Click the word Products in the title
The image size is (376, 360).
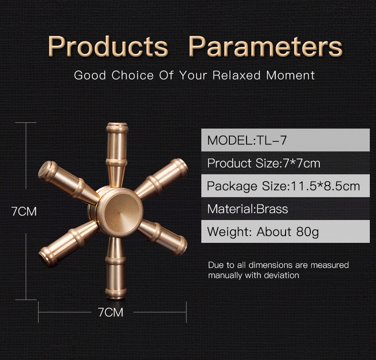108,46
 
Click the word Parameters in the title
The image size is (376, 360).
266,46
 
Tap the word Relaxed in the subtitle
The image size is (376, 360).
237,75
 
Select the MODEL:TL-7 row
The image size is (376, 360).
286,140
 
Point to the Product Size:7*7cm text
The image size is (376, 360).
264,163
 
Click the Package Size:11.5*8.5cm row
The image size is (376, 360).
286,186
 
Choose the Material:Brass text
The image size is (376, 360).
247,209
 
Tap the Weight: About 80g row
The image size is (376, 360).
286,232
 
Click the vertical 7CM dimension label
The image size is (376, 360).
24,211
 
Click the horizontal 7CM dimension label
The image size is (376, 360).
110,312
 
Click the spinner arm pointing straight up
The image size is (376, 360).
117,153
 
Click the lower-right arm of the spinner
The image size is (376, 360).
163,238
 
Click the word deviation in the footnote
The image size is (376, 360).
281,275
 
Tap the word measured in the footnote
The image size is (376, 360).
330,265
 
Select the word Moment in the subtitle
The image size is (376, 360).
290,75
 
